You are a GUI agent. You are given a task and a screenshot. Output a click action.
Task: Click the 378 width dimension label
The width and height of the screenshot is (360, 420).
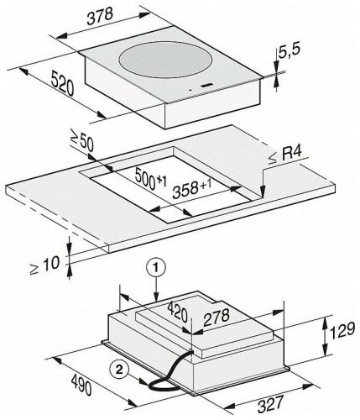click(100, 17)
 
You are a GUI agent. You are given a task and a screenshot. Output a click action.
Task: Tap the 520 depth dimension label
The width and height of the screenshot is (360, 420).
click(62, 83)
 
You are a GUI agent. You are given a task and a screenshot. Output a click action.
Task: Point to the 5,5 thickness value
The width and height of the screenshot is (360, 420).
click(289, 52)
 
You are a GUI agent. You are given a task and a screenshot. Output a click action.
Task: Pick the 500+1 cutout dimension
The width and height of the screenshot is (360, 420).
click(150, 178)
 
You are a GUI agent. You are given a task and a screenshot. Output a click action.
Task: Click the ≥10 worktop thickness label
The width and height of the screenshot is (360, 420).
click(44, 266)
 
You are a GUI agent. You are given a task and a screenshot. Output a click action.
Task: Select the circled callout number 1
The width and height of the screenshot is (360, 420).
click(156, 268)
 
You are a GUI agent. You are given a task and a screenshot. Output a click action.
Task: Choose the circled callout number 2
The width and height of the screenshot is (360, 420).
click(119, 370)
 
